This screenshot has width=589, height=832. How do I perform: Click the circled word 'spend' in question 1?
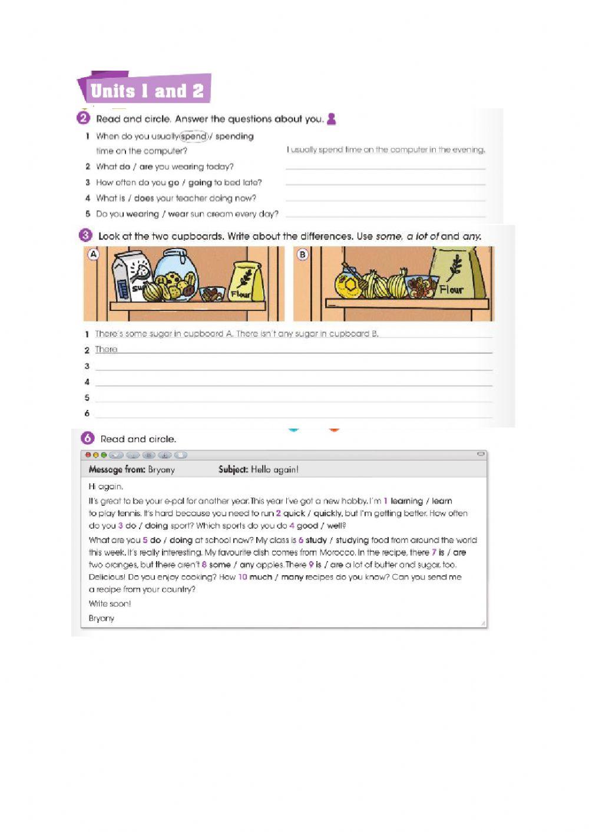194,136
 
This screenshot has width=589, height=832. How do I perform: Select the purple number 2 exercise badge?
83,118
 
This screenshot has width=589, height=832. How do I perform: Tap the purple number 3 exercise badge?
85,236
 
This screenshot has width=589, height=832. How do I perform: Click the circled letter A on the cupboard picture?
93,254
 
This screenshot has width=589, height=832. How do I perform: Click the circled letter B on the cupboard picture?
302,254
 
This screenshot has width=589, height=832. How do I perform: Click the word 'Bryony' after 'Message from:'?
161,469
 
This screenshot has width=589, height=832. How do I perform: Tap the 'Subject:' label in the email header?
233,469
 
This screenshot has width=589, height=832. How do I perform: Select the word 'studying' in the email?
352,540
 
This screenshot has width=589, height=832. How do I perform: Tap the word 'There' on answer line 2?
107,349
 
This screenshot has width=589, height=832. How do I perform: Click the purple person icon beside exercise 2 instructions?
331,118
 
